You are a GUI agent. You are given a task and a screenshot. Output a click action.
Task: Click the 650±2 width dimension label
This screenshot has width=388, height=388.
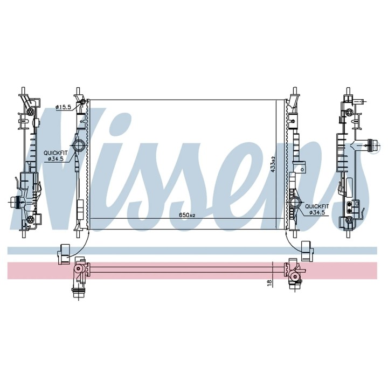click(x=188, y=215)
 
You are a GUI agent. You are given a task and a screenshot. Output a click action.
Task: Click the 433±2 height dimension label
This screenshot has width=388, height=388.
click(x=273, y=164)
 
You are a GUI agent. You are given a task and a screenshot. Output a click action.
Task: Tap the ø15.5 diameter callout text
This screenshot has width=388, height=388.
click(x=64, y=107)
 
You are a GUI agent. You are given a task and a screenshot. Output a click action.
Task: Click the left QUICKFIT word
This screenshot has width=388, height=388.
click(x=56, y=153)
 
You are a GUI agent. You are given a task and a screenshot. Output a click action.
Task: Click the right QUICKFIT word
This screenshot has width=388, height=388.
click(x=317, y=206)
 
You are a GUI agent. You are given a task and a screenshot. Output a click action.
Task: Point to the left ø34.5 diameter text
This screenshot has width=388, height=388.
click(x=56, y=159)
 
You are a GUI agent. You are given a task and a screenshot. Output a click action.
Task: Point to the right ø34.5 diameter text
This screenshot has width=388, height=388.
click(x=317, y=212)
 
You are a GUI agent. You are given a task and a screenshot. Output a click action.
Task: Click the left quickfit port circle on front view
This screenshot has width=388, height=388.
click(x=79, y=145)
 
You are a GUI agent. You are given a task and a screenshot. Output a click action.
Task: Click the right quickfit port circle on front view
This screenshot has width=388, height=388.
click(x=294, y=203)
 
